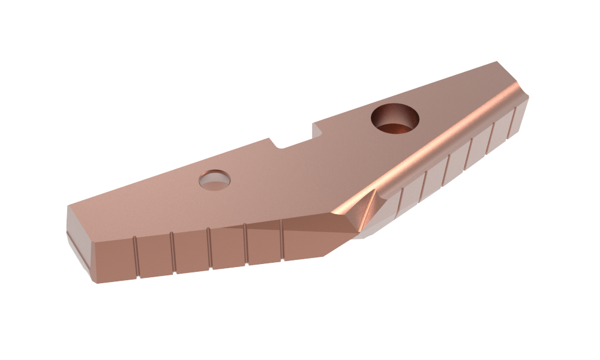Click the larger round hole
pyautogui.click(x=395, y=118)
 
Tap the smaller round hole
pyautogui.click(x=215, y=179)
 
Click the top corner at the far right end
pyautogui.click(x=497, y=62)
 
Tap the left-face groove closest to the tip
pyautogui.click(x=281, y=241)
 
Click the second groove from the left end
pyautogui.click(x=173, y=253)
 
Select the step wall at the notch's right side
pyautogui.click(x=314, y=131)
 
